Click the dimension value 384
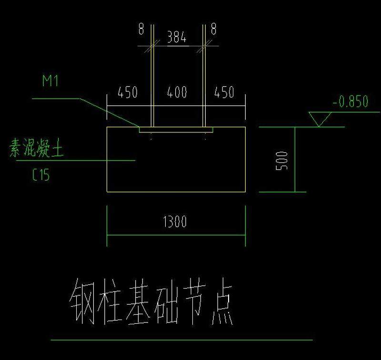177,37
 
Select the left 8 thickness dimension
141,29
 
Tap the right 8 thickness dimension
213,29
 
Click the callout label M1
50,80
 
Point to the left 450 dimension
128,92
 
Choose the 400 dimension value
177,92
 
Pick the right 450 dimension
224,92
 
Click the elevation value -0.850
351,101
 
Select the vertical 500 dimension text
282,161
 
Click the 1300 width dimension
175,221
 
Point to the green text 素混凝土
37,148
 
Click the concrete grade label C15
41,175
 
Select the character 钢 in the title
82,301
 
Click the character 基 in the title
137,301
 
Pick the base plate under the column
176,130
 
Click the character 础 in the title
166,302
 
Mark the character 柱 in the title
110,301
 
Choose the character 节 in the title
194,301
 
